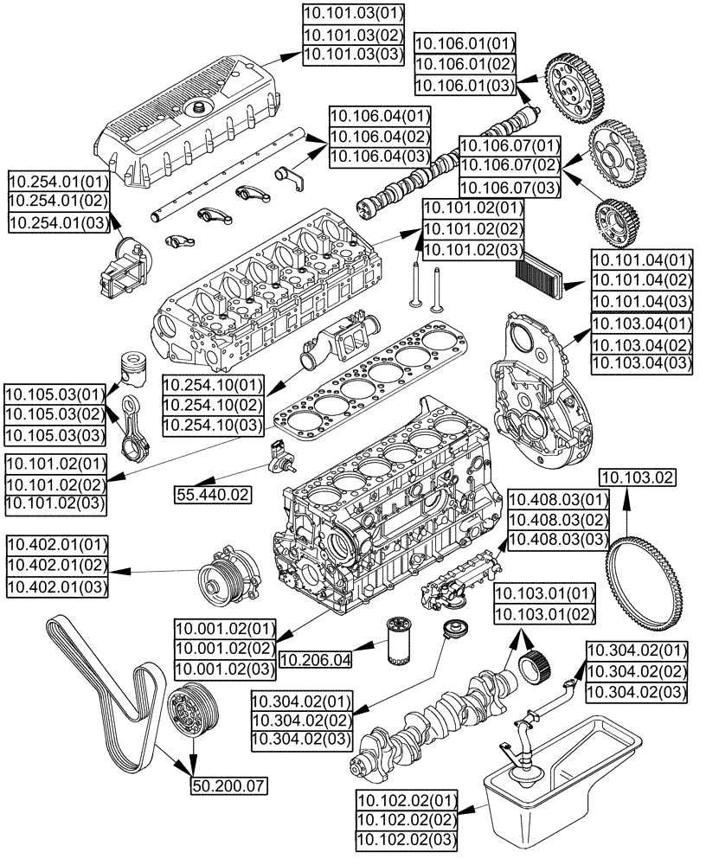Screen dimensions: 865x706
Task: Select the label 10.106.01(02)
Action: point(465,64)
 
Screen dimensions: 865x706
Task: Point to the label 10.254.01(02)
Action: point(58,201)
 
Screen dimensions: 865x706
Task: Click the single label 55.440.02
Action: point(213,495)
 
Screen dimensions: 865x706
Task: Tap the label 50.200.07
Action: point(228,785)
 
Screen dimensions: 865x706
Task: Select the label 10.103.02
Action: point(639,478)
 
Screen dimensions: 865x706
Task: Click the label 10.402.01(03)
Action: point(58,588)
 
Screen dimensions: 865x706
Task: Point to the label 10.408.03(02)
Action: point(559,520)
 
